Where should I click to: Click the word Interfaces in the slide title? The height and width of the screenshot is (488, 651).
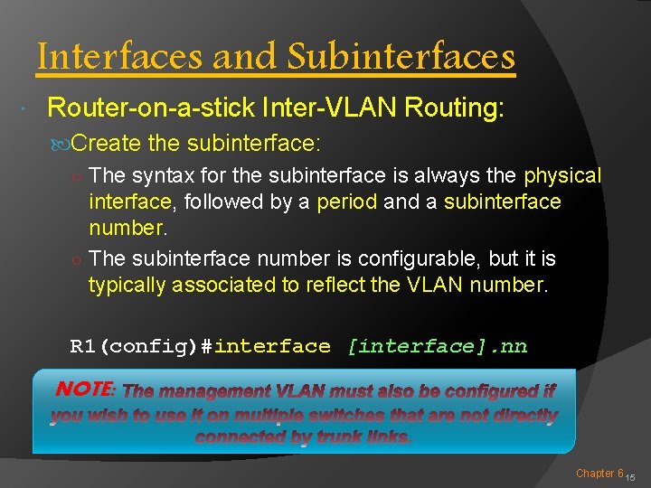click(120, 57)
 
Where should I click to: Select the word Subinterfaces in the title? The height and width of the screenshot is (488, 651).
click(401, 57)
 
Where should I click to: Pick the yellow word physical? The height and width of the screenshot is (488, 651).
click(562, 175)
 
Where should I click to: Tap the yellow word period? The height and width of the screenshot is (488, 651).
click(347, 201)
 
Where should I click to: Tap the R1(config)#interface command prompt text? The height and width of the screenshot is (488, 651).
click(201, 346)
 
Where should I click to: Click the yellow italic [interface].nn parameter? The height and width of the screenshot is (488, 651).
click(437, 346)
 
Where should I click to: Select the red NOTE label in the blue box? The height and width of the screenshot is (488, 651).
click(85, 389)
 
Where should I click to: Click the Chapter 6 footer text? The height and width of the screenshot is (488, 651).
click(599, 473)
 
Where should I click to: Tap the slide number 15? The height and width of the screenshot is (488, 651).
click(631, 476)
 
